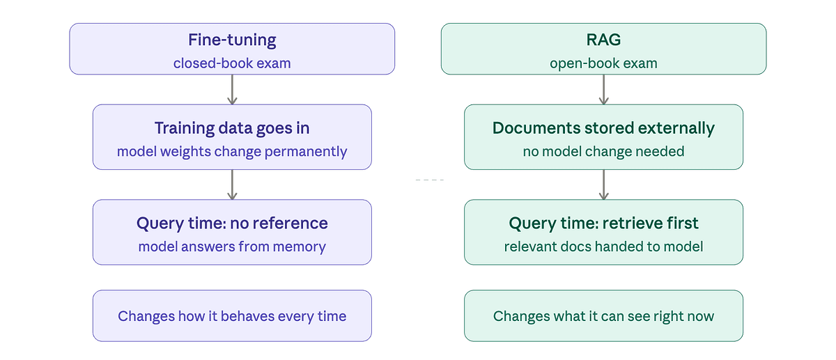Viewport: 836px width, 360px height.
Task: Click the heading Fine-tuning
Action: point(232,40)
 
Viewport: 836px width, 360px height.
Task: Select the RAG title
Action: point(603,40)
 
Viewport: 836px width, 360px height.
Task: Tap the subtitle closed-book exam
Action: point(232,63)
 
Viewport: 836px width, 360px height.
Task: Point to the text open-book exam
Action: point(603,63)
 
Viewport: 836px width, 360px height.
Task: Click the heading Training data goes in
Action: point(232,128)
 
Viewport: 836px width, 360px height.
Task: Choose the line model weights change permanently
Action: point(232,151)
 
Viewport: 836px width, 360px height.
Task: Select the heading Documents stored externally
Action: point(603,128)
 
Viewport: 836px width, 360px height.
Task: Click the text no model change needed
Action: point(603,151)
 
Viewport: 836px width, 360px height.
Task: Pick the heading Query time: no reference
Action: point(232,224)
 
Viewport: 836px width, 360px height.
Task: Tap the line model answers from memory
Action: point(232,246)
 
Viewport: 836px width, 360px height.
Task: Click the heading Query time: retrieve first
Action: point(603,224)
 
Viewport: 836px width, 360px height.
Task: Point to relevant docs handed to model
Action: point(603,246)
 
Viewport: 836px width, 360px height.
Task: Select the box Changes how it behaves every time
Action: point(232,316)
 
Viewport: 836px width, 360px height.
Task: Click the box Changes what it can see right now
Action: point(603,316)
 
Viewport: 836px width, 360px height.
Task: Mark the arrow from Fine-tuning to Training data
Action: point(232,89)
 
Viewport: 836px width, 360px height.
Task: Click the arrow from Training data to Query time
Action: point(232,185)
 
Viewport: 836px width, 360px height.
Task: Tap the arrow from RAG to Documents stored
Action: point(603,89)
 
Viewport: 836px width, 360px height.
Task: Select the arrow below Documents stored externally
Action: point(603,185)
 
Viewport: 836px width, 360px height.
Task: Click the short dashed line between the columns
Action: point(429,180)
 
